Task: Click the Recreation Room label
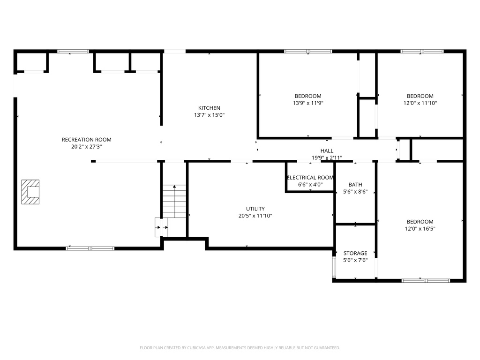pos(86,139)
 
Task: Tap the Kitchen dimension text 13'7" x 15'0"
pos(209,115)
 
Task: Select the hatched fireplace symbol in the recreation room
pos(30,192)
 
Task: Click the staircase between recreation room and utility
pos(174,201)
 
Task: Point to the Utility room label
pos(255,209)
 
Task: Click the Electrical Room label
pos(310,178)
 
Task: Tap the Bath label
pos(355,185)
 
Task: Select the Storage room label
pos(355,253)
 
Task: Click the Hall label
pos(327,150)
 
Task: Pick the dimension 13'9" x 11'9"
pos(308,103)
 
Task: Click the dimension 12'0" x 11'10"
pos(420,103)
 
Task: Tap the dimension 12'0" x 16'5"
pos(420,229)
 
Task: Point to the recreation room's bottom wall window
pos(90,248)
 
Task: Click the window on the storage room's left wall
pos(334,267)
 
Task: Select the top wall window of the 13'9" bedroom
pos(308,51)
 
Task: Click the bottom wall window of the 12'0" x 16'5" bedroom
pos(426,280)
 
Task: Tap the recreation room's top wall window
pos(73,51)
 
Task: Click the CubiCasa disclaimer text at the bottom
pos(240,348)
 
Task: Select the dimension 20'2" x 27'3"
pos(86,146)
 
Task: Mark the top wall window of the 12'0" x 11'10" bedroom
pos(422,51)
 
